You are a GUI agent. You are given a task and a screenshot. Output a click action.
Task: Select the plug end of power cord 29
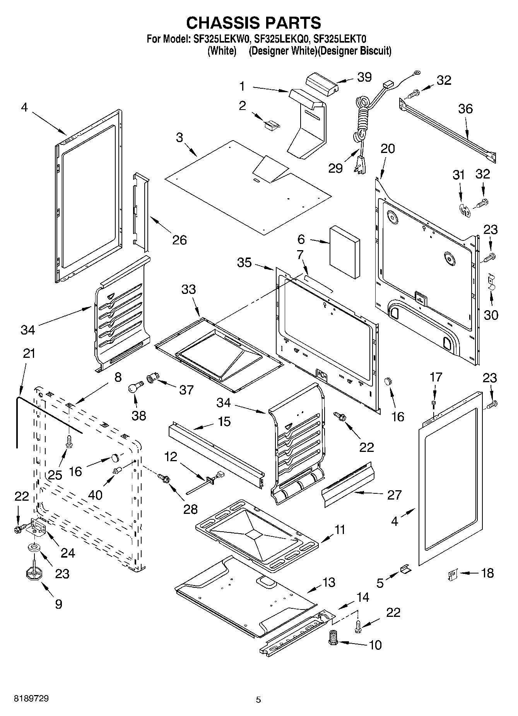point(359,165)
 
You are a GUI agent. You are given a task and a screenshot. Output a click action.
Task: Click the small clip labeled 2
point(271,124)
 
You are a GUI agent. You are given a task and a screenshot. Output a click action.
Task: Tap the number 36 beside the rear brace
point(465,109)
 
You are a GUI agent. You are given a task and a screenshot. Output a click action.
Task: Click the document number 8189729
point(31,699)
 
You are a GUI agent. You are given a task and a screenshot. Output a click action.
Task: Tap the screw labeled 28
point(164,479)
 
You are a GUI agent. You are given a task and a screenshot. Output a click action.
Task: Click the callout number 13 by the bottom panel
point(328,582)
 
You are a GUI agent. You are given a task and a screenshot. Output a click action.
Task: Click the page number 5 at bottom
point(258,699)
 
